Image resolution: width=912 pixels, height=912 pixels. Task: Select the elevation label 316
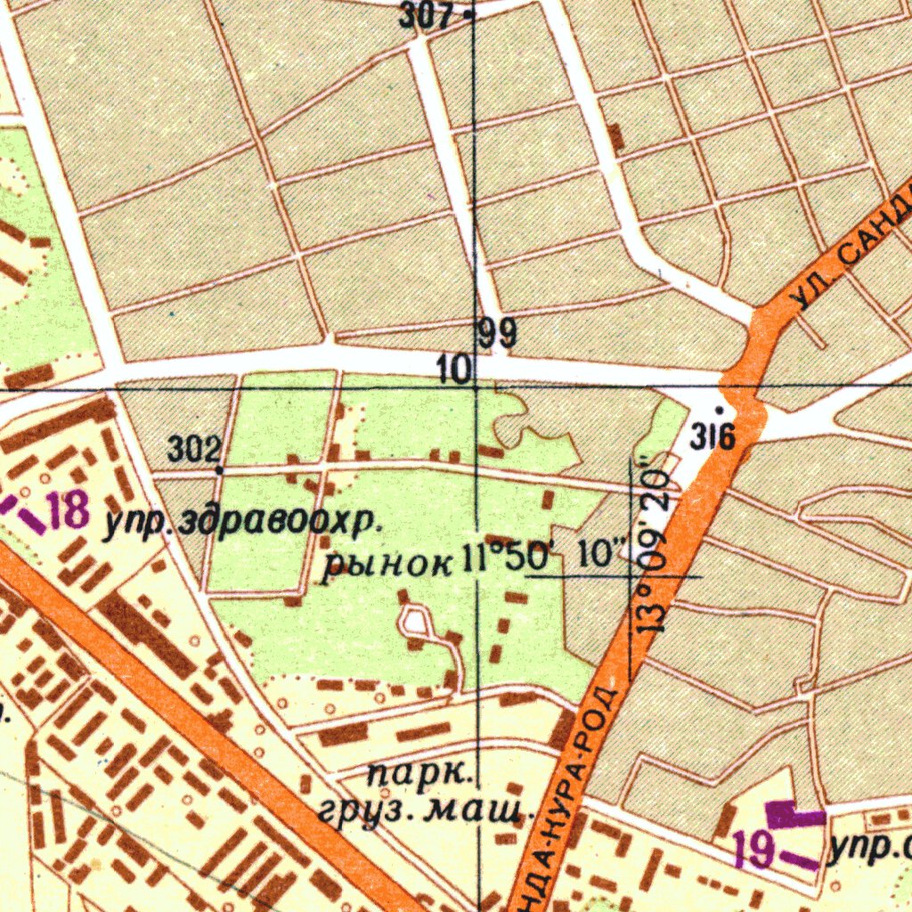click(712, 437)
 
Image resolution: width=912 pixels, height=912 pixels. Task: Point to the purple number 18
click(69, 511)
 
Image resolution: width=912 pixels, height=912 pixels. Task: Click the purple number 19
click(755, 850)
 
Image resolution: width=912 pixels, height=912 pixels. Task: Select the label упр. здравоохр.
click(236, 525)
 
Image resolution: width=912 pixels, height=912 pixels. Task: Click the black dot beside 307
click(468, 14)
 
